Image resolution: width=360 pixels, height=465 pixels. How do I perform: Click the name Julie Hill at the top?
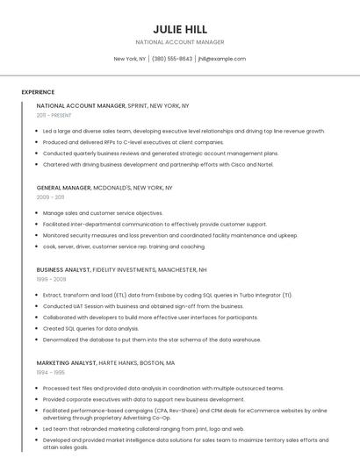click(x=180, y=29)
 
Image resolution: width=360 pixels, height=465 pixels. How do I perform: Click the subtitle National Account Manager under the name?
click(x=180, y=42)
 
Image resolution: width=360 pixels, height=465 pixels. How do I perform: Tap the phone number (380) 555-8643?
click(x=172, y=59)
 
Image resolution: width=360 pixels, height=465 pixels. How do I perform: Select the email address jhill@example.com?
click(x=221, y=59)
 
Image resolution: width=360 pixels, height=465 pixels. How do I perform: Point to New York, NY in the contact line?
click(x=130, y=59)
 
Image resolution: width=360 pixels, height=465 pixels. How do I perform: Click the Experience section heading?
click(x=38, y=92)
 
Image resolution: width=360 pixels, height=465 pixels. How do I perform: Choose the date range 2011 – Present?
click(x=54, y=115)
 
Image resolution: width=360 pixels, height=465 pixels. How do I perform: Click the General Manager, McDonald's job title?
click(x=104, y=188)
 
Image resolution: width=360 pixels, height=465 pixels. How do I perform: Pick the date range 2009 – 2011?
click(x=50, y=197)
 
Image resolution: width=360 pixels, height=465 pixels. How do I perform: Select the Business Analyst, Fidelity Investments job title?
click(x=121, y=270)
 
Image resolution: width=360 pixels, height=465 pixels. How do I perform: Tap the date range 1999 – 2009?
click(x=51, y=280)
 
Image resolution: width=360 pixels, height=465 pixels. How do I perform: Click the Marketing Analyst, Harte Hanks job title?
click(x=105, y=362)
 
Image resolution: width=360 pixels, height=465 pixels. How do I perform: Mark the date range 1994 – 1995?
click(x=50, y=372)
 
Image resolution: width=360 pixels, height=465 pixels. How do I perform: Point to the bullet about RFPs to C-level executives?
click(x=133, y=142)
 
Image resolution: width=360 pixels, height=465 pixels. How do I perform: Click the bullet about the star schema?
click(x=152, y=340)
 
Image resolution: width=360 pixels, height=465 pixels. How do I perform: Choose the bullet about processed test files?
click(x=163, y=388)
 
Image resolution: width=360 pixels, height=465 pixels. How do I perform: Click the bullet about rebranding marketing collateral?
click(x=143, y=429)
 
